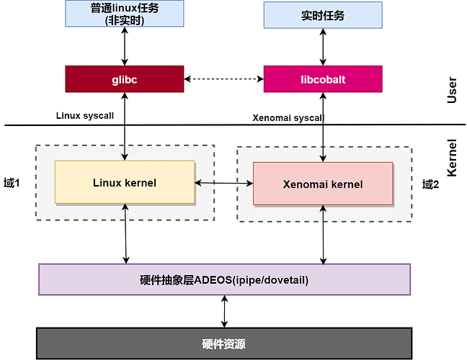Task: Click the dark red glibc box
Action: click(x=125, y=79)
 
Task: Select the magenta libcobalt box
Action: click(x=323, y=79)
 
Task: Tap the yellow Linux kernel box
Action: click(x=125, y=182)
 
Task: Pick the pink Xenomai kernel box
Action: click(x=323, y=184)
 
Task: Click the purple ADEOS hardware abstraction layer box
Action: click(x=224, y=279)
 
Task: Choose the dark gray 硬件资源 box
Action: click(x=224, y=343)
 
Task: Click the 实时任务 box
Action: click(x=323, y=15)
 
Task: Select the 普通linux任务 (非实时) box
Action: click(x=125, y=14)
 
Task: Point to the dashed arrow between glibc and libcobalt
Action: click(x=223, y=79)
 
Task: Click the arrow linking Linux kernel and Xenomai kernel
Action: click(x=224, y=183)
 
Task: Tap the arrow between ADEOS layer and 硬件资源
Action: click(x=224, y=311)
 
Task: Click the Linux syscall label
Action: click(x=85, y=115)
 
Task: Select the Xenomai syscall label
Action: click(x=288, y=118)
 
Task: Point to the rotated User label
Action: click(x=452, y=90)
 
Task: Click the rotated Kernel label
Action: click(x=452, y=158)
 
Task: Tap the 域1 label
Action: click(x=12, y=183)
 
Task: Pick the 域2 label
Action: click(x=430, y=184)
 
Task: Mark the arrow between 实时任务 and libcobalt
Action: click(x=323, y=47)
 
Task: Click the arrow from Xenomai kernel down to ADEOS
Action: click(x=323, y=235)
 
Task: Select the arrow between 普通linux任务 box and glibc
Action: click(x=125, y=46)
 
